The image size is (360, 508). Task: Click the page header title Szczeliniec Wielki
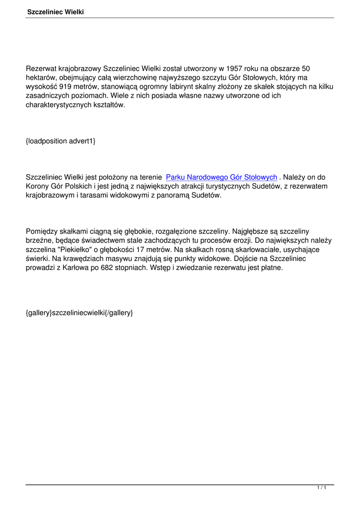pos(55,11)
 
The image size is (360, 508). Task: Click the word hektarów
pos(42,78)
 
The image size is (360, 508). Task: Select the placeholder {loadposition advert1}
pos(60,141)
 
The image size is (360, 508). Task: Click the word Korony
pos(38,186)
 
